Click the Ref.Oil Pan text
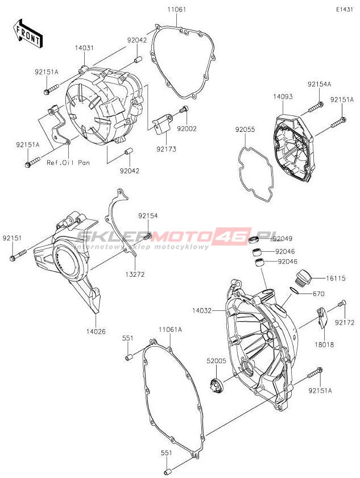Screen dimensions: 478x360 pyautogui.click(x=68, y=163)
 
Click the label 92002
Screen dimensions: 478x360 pyautogui.click(x=187, y=129)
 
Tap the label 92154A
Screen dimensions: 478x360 pyautogui.click(x=319, y=84)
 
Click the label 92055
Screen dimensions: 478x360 pyautogui.click(x=246, y=130)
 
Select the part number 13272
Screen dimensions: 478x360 pyautogui.click(x=135, y=274)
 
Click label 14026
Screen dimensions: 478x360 pyautogui.click(x=96, y=331)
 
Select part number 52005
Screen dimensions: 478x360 pyautogui.click(x=216, y=360)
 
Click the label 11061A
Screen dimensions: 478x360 pyautogui.click(x=170, y=330)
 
